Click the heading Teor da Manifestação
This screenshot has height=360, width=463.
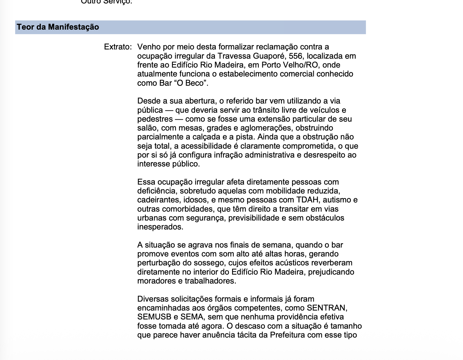(58, 27)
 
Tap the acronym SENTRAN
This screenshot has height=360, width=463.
(327, 308)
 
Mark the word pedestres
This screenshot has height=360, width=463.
(155, 119)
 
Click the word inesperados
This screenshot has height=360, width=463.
(160, 227)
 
